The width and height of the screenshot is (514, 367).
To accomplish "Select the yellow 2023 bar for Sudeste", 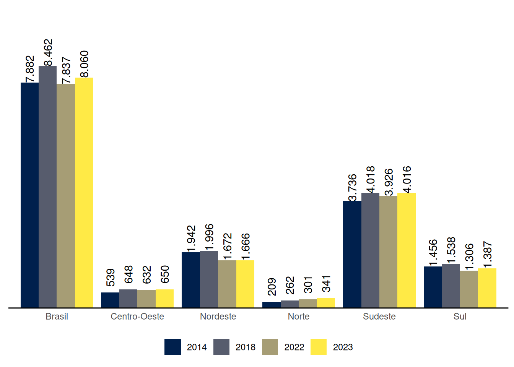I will pos(407,250).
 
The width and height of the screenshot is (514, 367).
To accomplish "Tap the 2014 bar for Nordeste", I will pos(191,280).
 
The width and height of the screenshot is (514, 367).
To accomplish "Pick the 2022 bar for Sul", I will pos(469,289).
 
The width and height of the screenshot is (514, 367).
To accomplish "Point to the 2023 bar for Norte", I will pos(326,303).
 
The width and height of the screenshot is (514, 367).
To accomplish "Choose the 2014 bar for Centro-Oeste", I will pos(110,300).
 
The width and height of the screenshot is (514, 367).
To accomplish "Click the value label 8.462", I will pos(48,53).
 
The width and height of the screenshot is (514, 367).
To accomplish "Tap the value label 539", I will pos(111,278).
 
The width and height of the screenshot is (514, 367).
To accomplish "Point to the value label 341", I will pos(326,284).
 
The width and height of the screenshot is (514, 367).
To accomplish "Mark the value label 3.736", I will pos(352,187).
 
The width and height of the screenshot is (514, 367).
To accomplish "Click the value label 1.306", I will pos(469,257).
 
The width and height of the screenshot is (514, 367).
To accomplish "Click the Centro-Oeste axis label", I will pos(137,317).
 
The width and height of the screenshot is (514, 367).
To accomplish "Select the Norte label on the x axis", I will pos(299,317).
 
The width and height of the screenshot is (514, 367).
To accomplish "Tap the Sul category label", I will pos(460,317).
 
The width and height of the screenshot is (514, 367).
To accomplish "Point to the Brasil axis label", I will pos(57,317).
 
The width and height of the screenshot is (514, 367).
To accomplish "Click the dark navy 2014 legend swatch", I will pos(172,347).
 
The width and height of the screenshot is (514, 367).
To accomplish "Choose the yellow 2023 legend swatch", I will pos(319,347).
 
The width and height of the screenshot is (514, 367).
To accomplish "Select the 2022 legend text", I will pos(294,347).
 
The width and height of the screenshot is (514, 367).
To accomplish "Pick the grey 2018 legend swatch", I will pos(221,347).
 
